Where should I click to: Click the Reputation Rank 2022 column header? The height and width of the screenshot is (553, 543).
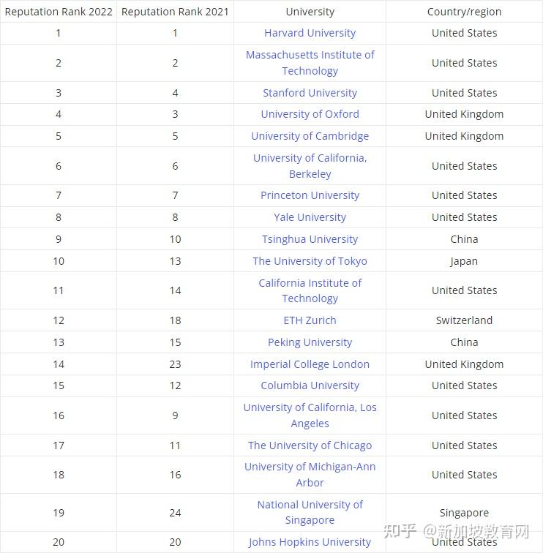click(59, 12)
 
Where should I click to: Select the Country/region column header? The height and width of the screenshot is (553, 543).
click(464, 12)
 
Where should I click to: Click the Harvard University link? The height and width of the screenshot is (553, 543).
click(310, 33)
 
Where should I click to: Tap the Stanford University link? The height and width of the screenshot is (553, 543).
click(310, 93)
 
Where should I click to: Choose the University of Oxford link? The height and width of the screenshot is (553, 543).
click(310, 114)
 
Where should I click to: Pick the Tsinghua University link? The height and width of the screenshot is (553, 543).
click(310, 239)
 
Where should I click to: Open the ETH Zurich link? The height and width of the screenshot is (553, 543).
click(310, 320)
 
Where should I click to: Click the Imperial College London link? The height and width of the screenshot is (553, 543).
click(310, 364)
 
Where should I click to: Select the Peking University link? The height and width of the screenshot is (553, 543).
click(310, 342)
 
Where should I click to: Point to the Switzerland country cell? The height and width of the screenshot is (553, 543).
click(464, 320)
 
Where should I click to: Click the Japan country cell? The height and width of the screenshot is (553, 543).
click(464, 261)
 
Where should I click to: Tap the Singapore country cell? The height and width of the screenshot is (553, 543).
click(464, 513)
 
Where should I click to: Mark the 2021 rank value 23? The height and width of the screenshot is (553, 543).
click(175, 364)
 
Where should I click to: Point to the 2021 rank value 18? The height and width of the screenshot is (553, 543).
click(175, 320)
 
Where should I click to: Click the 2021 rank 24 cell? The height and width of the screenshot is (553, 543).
click(175, 513)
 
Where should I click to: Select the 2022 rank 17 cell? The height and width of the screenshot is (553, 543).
click(59, 445)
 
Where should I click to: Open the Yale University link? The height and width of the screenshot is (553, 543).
click(310, 217)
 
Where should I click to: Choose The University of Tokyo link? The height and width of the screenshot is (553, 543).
click(310, 261)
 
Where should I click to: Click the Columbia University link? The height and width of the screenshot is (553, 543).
click(310, 385)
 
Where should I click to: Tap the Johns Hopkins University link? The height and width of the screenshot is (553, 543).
click(310, 542)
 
